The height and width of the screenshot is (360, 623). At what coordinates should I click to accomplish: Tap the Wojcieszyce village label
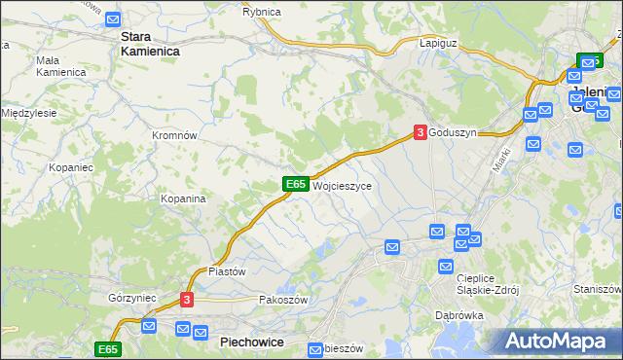tap(342, 185)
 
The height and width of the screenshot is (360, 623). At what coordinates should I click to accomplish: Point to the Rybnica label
tap(262, 11)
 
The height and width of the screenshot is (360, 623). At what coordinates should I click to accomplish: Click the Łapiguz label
tap(437, 44)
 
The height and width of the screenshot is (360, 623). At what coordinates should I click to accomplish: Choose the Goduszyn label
tap(453, 133)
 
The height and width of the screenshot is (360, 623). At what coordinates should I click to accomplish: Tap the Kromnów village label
tap(175, 135)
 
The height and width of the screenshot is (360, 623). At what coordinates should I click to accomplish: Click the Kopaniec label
tap(71, 167)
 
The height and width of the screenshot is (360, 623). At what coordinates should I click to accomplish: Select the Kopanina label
tap(183, 198)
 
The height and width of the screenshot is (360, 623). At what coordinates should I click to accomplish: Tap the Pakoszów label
tap(283, 300)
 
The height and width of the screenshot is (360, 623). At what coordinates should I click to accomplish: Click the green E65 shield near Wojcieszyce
tap(297, 184)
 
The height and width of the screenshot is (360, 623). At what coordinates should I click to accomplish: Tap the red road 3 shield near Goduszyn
tap(420, 132)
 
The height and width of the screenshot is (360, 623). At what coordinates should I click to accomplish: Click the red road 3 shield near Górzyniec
tap(188, 301)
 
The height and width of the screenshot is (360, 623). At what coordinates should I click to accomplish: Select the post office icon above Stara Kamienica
tap(114, 18)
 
